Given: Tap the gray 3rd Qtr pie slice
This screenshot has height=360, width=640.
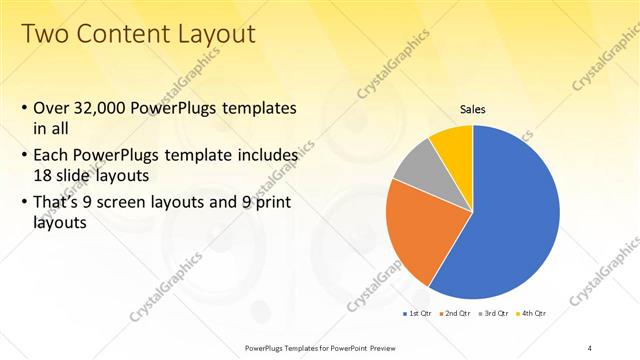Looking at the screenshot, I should pos(412,164).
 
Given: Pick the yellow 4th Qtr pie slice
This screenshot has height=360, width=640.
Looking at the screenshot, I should pos(452,143).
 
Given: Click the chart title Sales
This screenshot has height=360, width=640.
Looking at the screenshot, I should pos(472,109).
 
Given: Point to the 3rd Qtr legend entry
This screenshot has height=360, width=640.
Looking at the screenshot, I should pos(491,314).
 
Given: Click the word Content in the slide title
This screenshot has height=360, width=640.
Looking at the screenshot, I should pos(123,34).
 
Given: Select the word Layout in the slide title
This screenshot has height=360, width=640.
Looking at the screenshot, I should pos(215,34).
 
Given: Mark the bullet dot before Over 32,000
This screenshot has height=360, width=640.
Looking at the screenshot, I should pos(24,107).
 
